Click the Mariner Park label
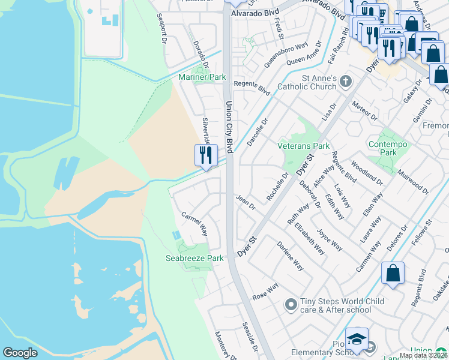pyautogui.click(x=202, y=77)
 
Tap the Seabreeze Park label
pyautogui.click(x=194, y=258)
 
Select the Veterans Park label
pyautogui.click(x=303, y=146)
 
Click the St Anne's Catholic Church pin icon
pyautogui.click(x=345, y=81)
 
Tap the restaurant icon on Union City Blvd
pyautogui.click(x=206, y=155)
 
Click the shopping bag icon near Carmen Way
pyautogui.click(x=393, y=274)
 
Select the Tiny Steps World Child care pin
pyautogui.click(x=291, y=305)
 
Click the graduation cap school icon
pyautogui.click(x=357, y=340)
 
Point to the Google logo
pyautogui.click(x=20, y=353)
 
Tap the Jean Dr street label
pyautogui.click(x=246, y=202)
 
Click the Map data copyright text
pyautogui.click(x=424, y=355)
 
